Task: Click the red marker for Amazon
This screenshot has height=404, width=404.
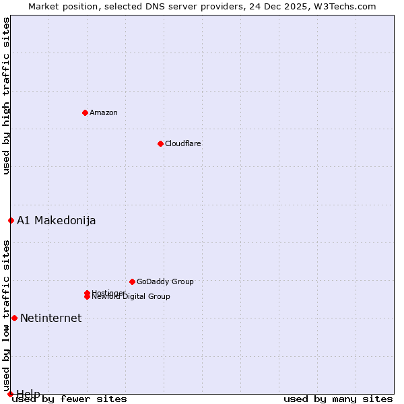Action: pyautogui.click(x=85, y=112)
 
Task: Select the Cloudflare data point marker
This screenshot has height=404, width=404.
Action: pyautogui.click(x=160, y=143)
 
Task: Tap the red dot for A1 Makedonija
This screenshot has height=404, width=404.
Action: pyautogui.click(x=11, y=220)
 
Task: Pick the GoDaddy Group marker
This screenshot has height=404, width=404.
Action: pyautogui.click(x=132, y=281)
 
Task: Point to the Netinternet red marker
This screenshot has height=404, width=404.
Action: pyautogui.click(x=14, y=318)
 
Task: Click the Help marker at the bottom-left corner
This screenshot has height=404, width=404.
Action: pyautogui.click(x=10, y=394)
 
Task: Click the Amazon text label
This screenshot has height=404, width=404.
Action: pyautogui.click(x=104, y=112)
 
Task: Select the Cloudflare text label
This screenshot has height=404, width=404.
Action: pyautogui.click(x=183, y=143)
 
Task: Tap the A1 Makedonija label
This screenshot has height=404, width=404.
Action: pyautogui.click(x=57, y=220)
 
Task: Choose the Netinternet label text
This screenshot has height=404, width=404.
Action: pyautogui.click(x=51, y=318)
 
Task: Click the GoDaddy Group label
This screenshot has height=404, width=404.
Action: pyautogui.click(x=165, y=281)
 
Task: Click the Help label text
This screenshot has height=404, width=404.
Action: pyautogui.click(x=28, y=393)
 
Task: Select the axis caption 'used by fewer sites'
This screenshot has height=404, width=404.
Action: pyautogui.click(x=70, y=399)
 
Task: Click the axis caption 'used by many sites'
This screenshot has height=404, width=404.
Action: pyautogui.click(x=338, y=399)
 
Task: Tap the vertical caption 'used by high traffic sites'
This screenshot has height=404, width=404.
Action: pyautogui.click(x=6, y=96)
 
